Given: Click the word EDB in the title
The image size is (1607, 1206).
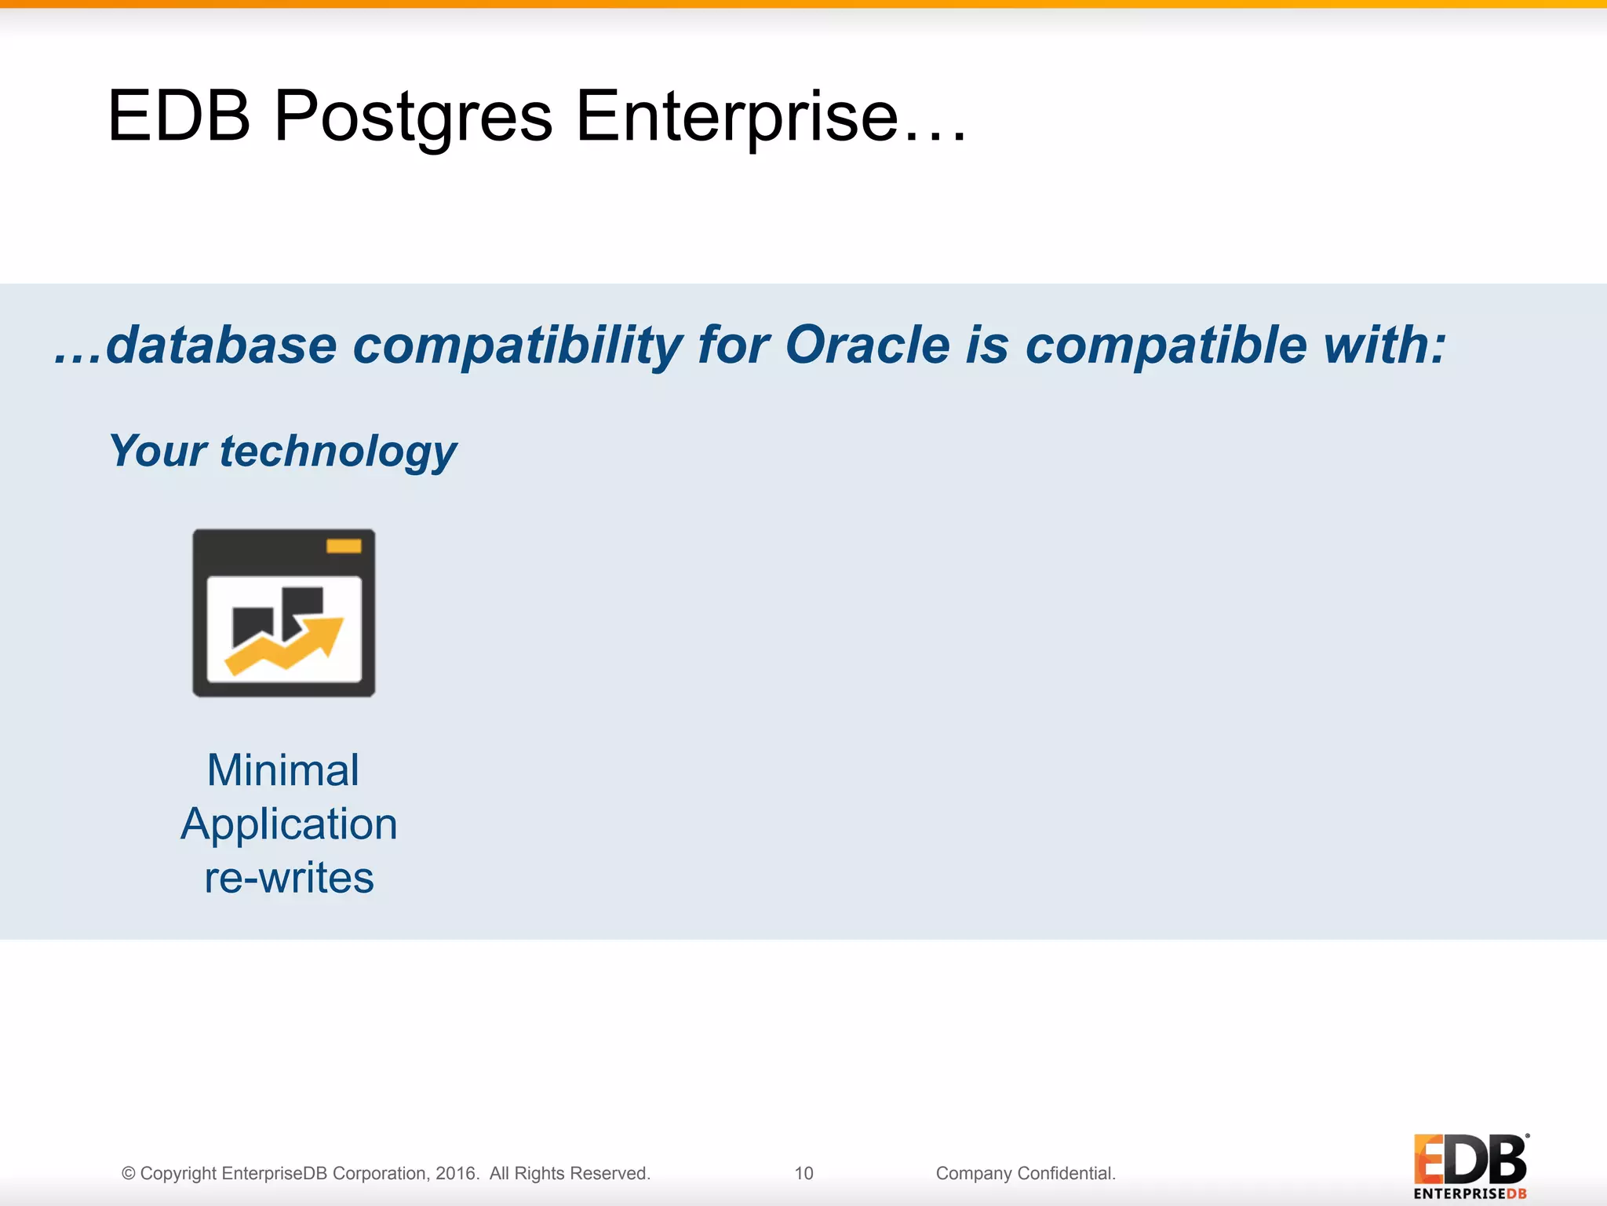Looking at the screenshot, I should [x=179, y=116].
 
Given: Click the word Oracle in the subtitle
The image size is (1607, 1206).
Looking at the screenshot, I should [x=867, y=345].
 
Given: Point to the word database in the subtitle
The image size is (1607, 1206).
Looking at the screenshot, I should [x=221, y=345].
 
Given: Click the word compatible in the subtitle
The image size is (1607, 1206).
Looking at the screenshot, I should [x=1165, y=345].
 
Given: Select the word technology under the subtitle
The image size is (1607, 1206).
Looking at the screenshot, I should [x=337, y=452].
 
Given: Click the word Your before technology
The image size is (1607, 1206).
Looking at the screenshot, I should [x=158, y=451].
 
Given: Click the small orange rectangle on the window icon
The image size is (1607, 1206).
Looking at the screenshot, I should [x=344, y=546].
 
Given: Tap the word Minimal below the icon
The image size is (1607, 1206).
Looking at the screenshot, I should [x=283, y=770].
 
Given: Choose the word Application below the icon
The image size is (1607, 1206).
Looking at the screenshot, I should [x=289, y=824].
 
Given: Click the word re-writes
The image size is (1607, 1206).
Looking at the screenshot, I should [x=289, y=878].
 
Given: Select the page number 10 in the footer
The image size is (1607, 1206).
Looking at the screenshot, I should [x=803, y=1173].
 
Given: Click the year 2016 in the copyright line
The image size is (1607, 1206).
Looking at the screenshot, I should [x=455, y=1173].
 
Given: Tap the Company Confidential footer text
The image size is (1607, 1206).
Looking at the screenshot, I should [x=1025, y=1173].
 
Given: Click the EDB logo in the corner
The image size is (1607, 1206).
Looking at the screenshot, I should [x=1470, y=1165].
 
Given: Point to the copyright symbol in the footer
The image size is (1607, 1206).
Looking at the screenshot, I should [x=129, y=1174].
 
